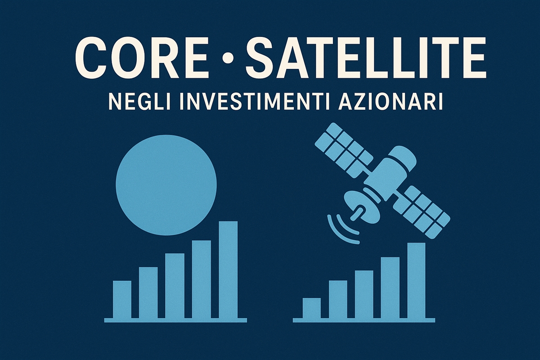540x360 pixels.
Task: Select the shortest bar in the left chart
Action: click(122, 299)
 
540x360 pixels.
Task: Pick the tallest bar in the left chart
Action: click(228, 270)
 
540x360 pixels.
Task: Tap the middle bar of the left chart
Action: click(175, 286)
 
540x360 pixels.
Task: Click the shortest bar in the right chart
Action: click(311, 308)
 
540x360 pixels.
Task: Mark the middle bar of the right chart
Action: click(364, 294)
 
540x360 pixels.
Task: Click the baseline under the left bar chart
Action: click(175, 320)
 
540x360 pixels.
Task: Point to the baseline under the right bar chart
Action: click(364, 320)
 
